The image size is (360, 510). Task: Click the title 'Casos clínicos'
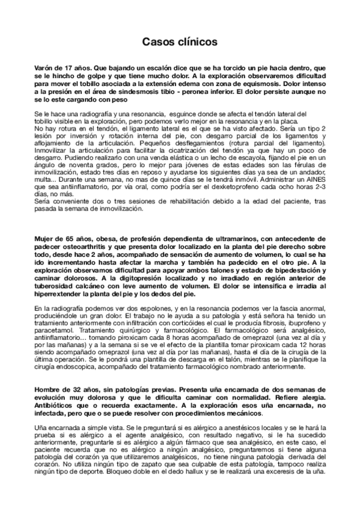click(180, 42)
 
